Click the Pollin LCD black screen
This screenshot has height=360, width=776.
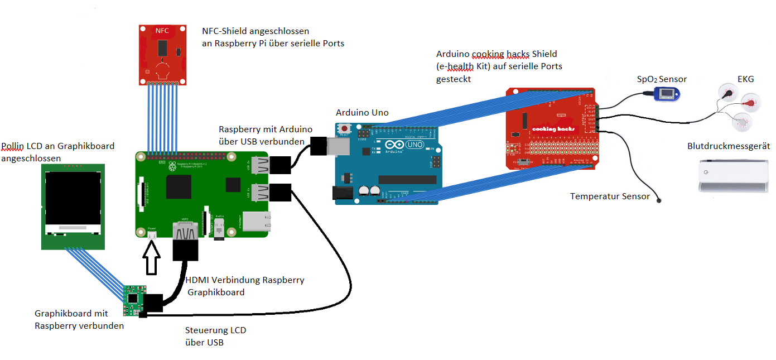click(x=73, y=198)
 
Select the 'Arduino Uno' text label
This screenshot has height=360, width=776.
click(x=362, y=112)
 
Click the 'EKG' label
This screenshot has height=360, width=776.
click(x=745, y=79)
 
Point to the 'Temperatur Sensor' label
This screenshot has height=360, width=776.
click(x=610, y=196)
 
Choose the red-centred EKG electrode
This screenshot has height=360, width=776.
click(x=749, y=102)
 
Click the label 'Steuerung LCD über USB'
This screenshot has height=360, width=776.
click(x=215, y=336)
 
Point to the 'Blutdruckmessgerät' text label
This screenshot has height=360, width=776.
click(x=729, y=146)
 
